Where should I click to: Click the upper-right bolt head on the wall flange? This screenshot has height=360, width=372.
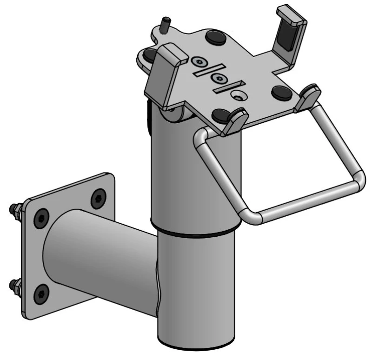point(98,199)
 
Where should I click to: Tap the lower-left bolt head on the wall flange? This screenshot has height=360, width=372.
point(40,293)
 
